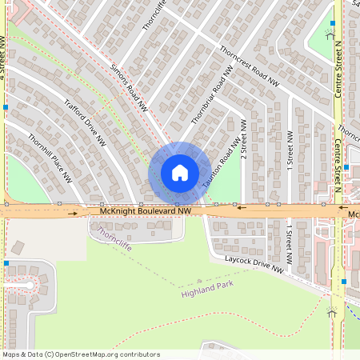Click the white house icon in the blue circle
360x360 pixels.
(179, 173)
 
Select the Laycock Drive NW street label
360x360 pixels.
(254, 265)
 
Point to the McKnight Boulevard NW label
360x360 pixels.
(146, 210)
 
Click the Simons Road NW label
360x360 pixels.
(129, 86)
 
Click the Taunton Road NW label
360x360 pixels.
(221, 164)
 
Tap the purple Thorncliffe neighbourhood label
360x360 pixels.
(114, 235)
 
